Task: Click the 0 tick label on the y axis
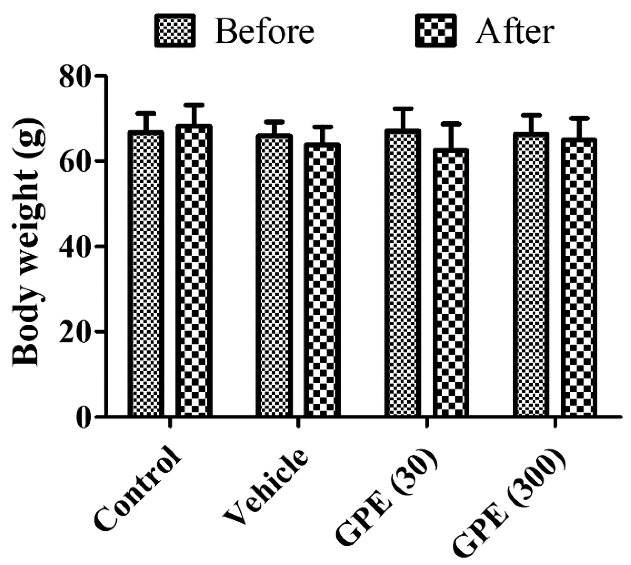click(83, 417)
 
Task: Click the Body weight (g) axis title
click(29, 242)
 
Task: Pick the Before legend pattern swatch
click(175, 30)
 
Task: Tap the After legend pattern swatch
click(436, 30)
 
